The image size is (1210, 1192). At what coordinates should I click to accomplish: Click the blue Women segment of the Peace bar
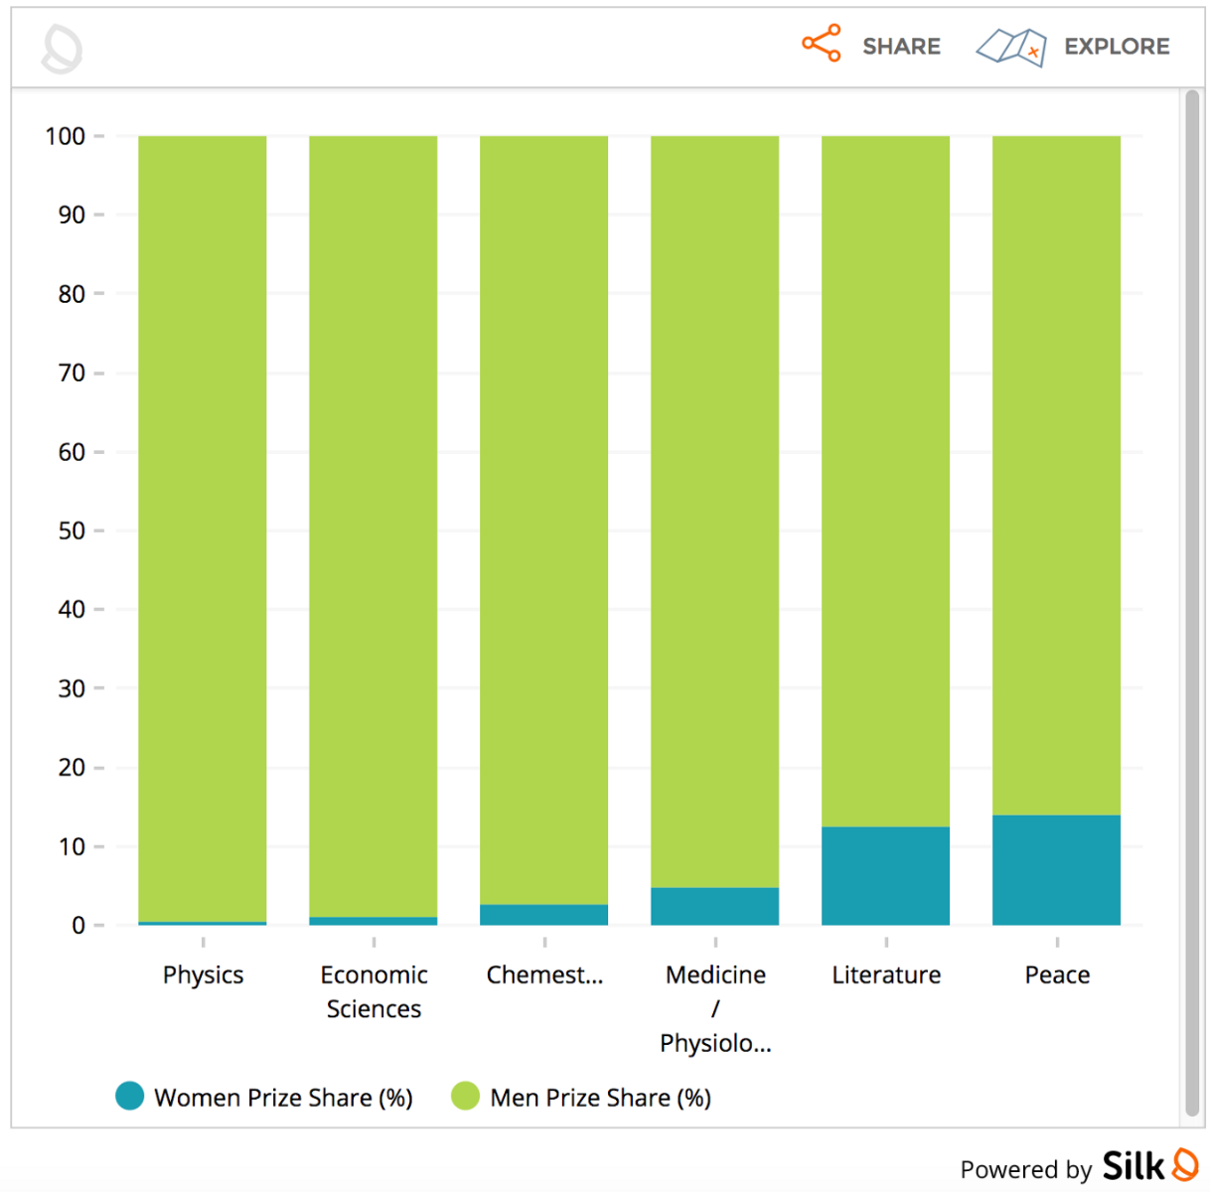click(x=1056, y=870)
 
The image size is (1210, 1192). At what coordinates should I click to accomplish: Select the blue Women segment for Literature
click(x=885, y=876)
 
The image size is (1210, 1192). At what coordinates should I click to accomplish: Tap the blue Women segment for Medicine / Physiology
click(x=714, y=907)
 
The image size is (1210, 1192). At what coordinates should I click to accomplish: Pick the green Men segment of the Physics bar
click(x=203, y=526)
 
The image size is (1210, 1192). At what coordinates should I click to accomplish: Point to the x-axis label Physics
click(x=203, y=974)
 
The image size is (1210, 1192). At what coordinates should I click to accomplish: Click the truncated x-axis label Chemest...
click(x=544, y=974)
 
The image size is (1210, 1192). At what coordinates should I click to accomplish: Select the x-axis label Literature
click(x=886, y=974)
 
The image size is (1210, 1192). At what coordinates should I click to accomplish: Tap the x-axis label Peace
click(x=1057, y=974)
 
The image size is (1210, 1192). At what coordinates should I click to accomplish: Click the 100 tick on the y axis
click(x=66, y=136)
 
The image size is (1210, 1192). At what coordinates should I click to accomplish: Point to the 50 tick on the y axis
click(x=72, y=530)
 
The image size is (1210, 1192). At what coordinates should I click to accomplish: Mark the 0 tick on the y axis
click(x=78, y=925)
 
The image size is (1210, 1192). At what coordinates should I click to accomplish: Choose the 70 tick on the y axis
click(x=72, y=372)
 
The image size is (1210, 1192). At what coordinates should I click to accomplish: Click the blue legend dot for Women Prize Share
click(x=129, y=1096)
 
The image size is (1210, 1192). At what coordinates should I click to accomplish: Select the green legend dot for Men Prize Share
click(x=465, y=1096)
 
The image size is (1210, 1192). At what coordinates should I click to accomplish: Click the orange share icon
click(x=822, y=44)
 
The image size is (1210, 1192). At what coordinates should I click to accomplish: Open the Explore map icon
click(x=1011, y=46)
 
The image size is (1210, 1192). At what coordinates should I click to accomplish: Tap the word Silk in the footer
click(x=1133, y=1166)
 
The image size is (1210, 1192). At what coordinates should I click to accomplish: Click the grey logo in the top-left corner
click(x=62, y=49)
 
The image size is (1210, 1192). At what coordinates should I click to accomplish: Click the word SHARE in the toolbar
click(x=901, y=47)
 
